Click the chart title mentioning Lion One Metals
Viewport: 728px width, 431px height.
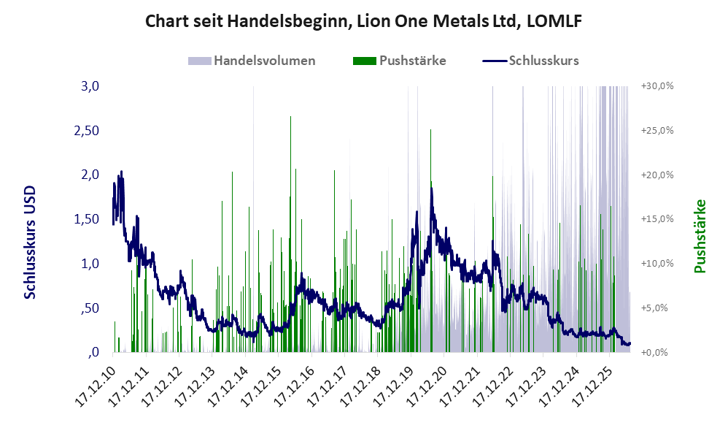(363, 21)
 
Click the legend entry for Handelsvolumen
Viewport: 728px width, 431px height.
(252, 61)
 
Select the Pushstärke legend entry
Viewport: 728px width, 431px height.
(399, 61)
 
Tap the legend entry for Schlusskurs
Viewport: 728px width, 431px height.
(530, 61)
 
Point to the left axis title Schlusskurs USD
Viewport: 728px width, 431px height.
(30, 243)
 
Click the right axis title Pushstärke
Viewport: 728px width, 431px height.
(700, 236)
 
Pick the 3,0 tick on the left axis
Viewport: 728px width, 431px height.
(90, 86)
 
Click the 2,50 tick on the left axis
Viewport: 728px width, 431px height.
(87, 131)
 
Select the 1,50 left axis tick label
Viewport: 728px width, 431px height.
(87, 219)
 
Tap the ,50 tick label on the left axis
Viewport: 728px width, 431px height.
(90, 308)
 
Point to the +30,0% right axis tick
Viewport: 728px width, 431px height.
(657, 86)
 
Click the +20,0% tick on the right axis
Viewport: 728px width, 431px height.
(657, 175)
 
